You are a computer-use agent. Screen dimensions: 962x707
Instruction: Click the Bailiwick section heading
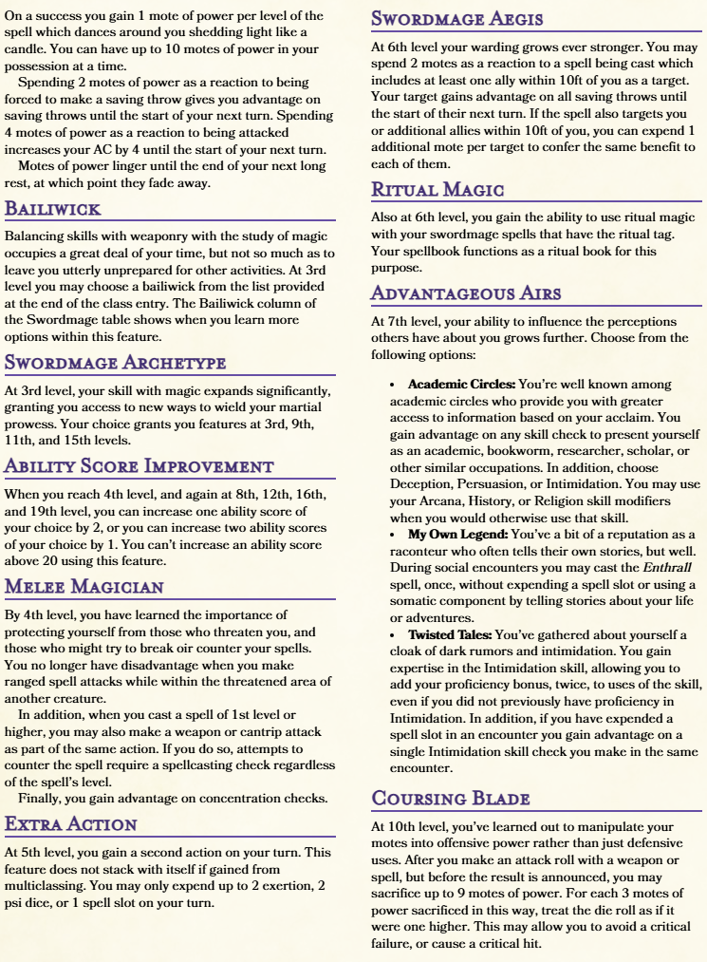pos(53,208)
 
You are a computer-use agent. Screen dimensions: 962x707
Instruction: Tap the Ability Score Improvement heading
pos(140,465)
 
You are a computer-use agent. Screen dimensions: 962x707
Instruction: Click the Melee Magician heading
pos(84,586)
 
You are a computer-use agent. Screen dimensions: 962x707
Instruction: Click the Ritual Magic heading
pos(437,189)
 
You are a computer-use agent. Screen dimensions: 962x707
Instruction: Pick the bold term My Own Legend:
pos(451,535)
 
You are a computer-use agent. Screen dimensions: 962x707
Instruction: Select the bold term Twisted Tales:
pos(450,634)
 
